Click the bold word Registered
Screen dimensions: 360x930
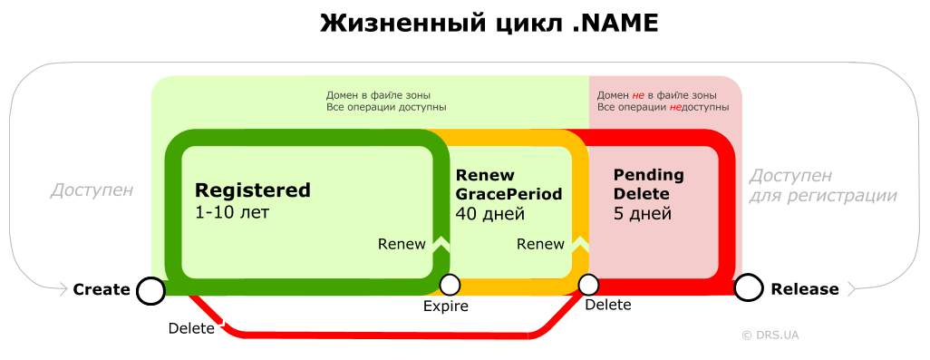tap(253, 190)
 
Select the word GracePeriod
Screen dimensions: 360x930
tap(509, 194)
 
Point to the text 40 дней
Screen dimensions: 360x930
tap(490, 215)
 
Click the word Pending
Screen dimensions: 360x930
tap(648, 175)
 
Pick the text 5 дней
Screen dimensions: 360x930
tap(643, 215)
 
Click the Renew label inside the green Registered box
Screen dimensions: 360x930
tap(402, 244)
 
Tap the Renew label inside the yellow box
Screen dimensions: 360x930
tap(540, 244)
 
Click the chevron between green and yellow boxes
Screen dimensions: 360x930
tap(441, 243)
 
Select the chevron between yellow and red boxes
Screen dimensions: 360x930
tap(580, 243)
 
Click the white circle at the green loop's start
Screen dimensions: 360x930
tap(151, 290)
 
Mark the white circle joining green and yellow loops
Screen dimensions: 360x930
tap(450, 285)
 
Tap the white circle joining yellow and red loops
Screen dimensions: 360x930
tap(588, 285)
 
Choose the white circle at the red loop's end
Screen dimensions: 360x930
tap(747, 288)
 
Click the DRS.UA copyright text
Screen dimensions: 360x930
tap(770, 335)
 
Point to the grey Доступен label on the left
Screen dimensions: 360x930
tap(92, 190)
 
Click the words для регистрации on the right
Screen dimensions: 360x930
tap(823, 196)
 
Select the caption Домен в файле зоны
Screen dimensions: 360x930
tap(378, 95)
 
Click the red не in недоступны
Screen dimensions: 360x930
tap(675, 107)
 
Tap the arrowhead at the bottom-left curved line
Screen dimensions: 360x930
tap(63, 289)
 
